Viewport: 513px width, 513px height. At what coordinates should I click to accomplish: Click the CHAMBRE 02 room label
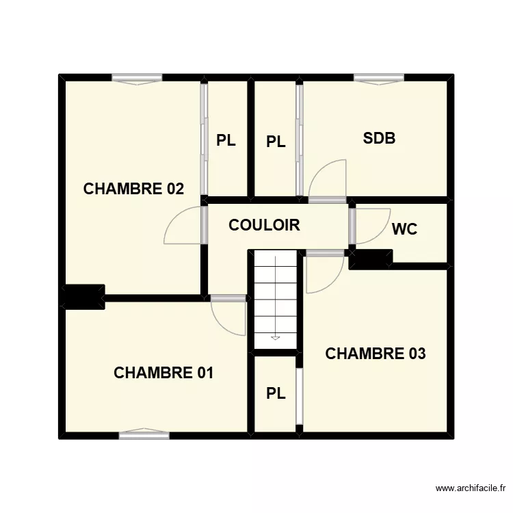(133, 189)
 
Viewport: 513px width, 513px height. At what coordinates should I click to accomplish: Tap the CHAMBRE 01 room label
(163, 373)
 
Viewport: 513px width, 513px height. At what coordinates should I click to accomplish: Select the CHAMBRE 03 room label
(376, 354)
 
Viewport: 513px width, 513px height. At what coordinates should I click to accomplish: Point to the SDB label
(379, 138)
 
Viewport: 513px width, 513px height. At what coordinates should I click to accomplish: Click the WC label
(404, 229)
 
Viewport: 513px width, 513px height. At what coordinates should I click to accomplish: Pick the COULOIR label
(264, 225)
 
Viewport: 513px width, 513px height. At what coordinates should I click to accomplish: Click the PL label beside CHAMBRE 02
(226, 141)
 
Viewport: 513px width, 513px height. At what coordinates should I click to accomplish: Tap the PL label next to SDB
(276, 142)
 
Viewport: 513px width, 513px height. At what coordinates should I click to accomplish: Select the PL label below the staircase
(276, 393)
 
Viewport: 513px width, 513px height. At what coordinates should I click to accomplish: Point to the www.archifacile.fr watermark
(471, 488)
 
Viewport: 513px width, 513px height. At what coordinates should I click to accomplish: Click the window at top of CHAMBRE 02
(137, 78)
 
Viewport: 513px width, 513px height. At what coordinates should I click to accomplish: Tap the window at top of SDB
(378, 78)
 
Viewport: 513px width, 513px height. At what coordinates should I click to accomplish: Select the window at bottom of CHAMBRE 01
(144, 434)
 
